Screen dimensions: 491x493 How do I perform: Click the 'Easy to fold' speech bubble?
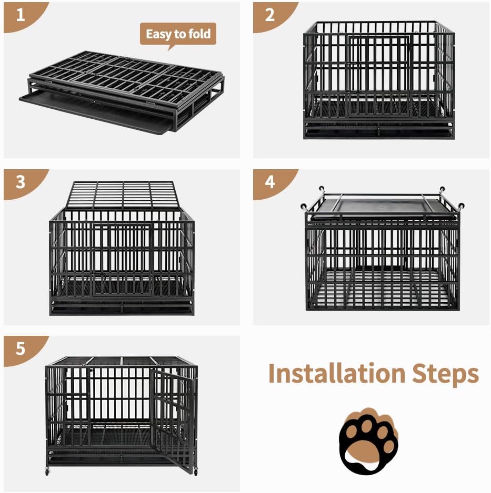click(x=178, y=35)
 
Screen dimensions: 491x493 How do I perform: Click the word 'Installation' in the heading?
click(x=337, y=373)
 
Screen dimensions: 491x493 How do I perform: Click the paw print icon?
click(x=368, y=441)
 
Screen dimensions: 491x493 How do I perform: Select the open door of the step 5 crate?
click(x=172, y=420)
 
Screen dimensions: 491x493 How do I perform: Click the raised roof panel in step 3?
click(x=121, y=195)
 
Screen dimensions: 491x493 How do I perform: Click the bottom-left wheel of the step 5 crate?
click(x=47, y=471)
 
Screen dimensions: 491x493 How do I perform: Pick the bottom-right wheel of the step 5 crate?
click(x=195, y=472)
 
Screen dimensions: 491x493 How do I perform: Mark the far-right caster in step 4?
click(x=461, y=207)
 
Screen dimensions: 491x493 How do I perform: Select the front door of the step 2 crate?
click(x=379, y=76)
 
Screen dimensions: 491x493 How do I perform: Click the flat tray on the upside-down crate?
click(x=383, y=208)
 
